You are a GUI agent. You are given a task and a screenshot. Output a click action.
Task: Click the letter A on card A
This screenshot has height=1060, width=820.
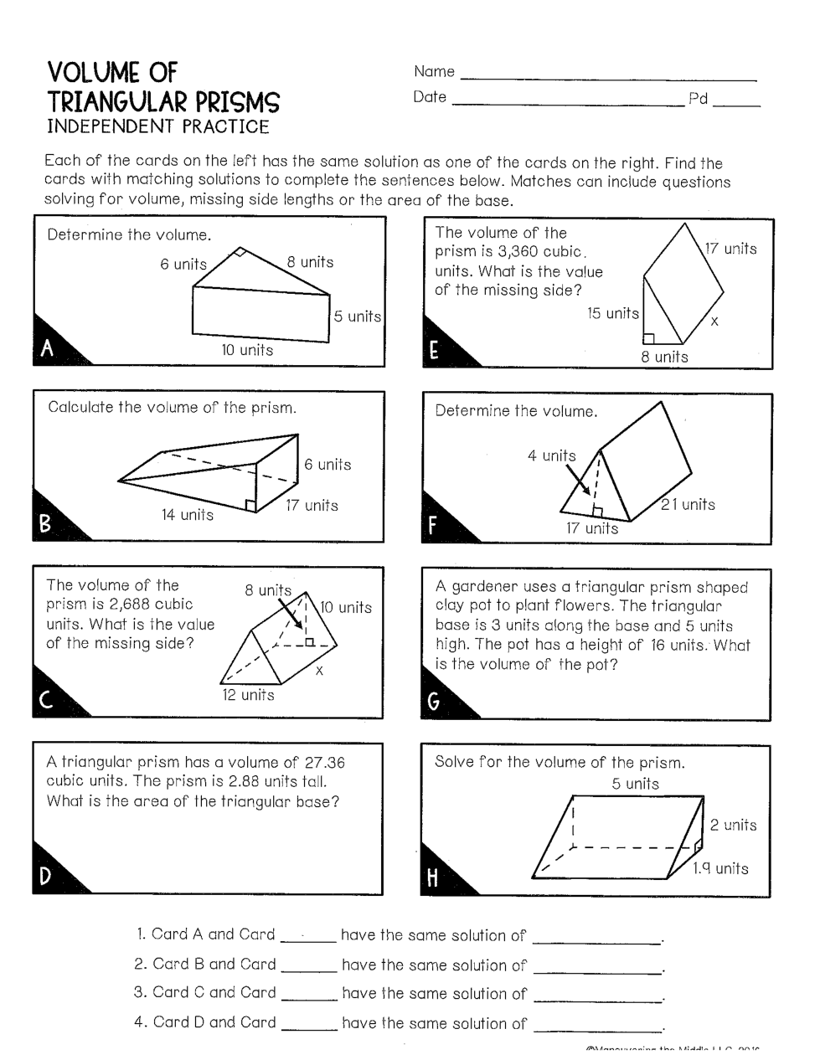pyautogui.click(x=48, y=348)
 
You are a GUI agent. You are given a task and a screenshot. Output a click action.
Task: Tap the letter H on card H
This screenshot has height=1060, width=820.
pyautogui.click(x=432, y=878)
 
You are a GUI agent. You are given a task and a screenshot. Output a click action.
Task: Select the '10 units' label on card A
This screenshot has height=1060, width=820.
pyautogui.click(x=247, y=350)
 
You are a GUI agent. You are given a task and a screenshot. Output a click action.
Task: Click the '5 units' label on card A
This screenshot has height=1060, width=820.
pyautogui.click(x=358, y=316)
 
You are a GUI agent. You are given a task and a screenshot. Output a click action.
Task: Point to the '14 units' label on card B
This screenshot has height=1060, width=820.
pyautogui.click(x=188, y=515)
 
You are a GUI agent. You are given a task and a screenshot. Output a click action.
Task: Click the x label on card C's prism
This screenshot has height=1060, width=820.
pyautogui.click(x=319, y=671)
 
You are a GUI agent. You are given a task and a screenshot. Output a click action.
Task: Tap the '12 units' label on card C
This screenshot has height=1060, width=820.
pyautogui.click(x=248, y=695)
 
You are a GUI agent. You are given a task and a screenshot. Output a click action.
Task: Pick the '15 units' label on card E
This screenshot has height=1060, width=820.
pyautogui.click(x=612, y=314)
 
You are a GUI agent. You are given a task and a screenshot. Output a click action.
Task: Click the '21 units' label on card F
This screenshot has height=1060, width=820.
pyautogui.click(x=688, y=504)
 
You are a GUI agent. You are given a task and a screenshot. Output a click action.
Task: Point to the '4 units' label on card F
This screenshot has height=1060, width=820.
pyautogui.click(x=552, y=456)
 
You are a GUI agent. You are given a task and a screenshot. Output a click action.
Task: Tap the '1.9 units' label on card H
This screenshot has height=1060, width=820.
pyautogui.click(x=720, y=868)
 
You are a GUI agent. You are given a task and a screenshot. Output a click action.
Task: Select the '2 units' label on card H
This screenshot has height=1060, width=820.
pyautogui.click(x=733, y=825)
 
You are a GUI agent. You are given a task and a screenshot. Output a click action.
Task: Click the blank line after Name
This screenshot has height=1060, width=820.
pyautogui.click(x=608, y=75)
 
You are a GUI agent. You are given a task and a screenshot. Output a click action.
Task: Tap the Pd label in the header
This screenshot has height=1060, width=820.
pyautogui.click(x=698, y=99)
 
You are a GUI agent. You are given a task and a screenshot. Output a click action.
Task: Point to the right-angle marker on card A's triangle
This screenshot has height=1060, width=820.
pyautogui.click(x=240, y=252)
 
